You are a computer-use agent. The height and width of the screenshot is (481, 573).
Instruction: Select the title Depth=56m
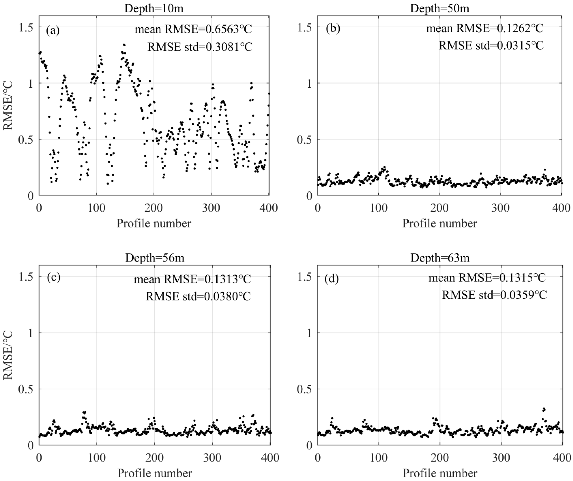click(155, 258)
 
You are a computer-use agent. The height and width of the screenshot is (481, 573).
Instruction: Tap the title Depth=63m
click(440, 258)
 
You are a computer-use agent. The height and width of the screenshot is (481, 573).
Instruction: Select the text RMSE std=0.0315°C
click(491, 45)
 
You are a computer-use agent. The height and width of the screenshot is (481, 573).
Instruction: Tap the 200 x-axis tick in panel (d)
click(440, 458)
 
